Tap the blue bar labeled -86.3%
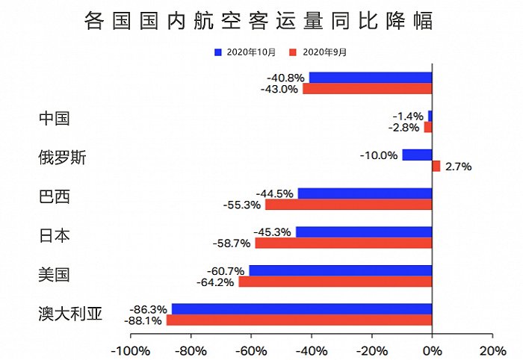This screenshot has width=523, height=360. tap(302, 308)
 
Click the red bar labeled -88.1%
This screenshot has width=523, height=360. tap(299, 320)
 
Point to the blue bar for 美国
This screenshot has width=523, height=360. tap(340, 270)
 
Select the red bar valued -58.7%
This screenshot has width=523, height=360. tap(344, 243)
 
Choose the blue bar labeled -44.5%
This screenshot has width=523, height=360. tap(365, 193)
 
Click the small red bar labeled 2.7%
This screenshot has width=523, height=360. tap(436, 167)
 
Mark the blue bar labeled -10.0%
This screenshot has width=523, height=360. tap(417, 155)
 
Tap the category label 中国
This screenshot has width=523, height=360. tap(54, 119)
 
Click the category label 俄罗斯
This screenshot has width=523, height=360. tap(62, 158)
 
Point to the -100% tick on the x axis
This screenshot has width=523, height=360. tap(130, 350)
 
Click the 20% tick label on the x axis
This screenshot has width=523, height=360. tap(492, 350)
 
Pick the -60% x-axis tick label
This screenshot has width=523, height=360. tap(251, 350)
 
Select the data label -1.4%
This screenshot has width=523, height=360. tap(409, 116)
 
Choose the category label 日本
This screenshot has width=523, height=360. tap(54, 235)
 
